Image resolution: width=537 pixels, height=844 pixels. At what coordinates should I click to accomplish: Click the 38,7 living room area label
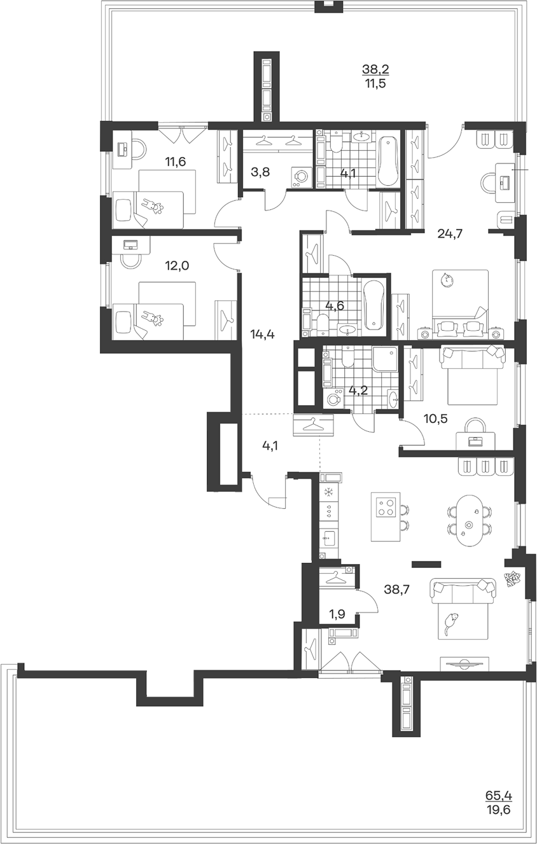click(x=396, y=590)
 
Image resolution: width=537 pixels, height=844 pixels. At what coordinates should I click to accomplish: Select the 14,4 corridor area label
click(x=263, y=333)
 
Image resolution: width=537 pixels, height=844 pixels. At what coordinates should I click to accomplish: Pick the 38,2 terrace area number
click(x=375, y=69)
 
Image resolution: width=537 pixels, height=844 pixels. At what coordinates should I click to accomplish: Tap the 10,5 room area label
click(x=436, y=419)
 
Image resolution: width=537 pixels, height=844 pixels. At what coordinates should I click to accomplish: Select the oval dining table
click(x=469, y=520)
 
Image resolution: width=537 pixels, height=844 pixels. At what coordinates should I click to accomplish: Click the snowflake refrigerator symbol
click(x=329, y=492)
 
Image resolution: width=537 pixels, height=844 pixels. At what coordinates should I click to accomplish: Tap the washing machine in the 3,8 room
click(x=301, y=177)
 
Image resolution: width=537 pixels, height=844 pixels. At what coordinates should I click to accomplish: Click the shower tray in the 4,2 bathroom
click(x=385, y=359)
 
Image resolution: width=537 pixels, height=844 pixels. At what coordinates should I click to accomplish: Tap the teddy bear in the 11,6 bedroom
click(x=152, y=207)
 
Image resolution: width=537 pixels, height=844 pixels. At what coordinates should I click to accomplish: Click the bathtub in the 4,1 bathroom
click(x=387, y=162)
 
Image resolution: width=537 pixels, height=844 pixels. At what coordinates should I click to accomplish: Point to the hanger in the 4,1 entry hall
click(x=313, y=425)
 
